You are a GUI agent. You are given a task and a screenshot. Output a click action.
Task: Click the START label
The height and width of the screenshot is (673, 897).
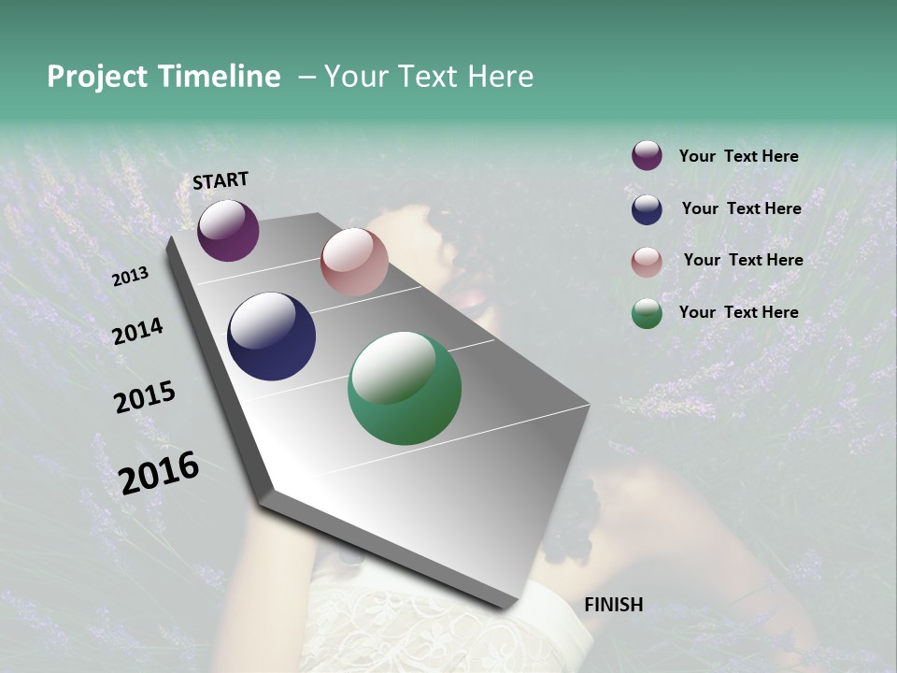tap(221, 180)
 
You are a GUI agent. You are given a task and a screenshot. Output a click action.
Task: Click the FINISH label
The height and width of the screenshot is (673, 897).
tap(614, 605)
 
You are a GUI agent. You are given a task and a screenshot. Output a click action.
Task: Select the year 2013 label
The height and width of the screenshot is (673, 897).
tap(131, 277)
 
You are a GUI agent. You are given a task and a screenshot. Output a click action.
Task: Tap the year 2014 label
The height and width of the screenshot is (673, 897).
tap(138, 331)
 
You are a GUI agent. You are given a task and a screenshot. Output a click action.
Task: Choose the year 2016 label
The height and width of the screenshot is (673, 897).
tap(159, 473)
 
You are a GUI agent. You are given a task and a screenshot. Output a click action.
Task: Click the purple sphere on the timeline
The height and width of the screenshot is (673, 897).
tap(228, 230)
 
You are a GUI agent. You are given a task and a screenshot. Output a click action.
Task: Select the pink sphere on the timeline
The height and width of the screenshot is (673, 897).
tap(354, 262)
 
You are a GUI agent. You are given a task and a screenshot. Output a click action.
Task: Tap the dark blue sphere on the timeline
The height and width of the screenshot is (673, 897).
tap(271, 336)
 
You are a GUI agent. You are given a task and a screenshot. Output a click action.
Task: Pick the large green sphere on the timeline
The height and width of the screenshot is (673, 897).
tap(405, 388)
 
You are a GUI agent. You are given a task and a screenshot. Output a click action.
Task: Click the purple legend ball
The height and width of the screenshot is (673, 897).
tap(647, 155)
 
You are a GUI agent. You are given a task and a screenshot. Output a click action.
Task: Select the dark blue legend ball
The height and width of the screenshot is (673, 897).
tap(647, 209)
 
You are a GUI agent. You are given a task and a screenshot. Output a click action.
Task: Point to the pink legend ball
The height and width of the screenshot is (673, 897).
tap(647, 262)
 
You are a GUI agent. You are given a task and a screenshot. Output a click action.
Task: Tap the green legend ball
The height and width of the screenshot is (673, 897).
tap(647, 313)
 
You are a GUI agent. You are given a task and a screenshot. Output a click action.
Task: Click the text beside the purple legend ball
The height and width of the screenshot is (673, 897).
tap(738, 156)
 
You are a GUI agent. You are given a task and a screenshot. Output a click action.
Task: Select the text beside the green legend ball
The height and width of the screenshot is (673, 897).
tap(738, 312)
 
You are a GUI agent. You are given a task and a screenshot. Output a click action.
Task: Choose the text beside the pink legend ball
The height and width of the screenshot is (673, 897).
tap(743, 260)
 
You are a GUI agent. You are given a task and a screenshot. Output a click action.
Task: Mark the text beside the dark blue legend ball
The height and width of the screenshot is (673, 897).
tap(741, 208)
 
